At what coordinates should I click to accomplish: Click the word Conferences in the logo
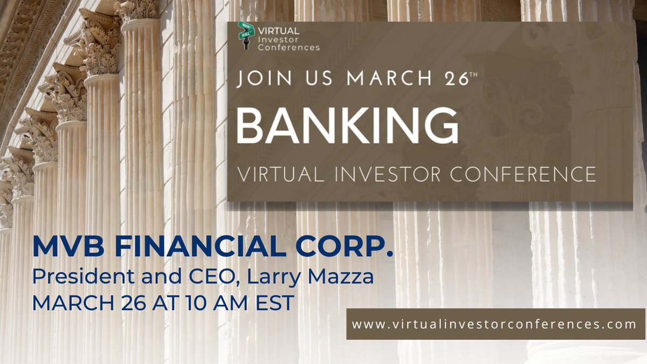pos(288,47)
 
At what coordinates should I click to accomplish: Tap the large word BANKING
pos(347,125)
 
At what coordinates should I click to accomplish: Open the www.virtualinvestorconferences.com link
pos(494,324)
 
